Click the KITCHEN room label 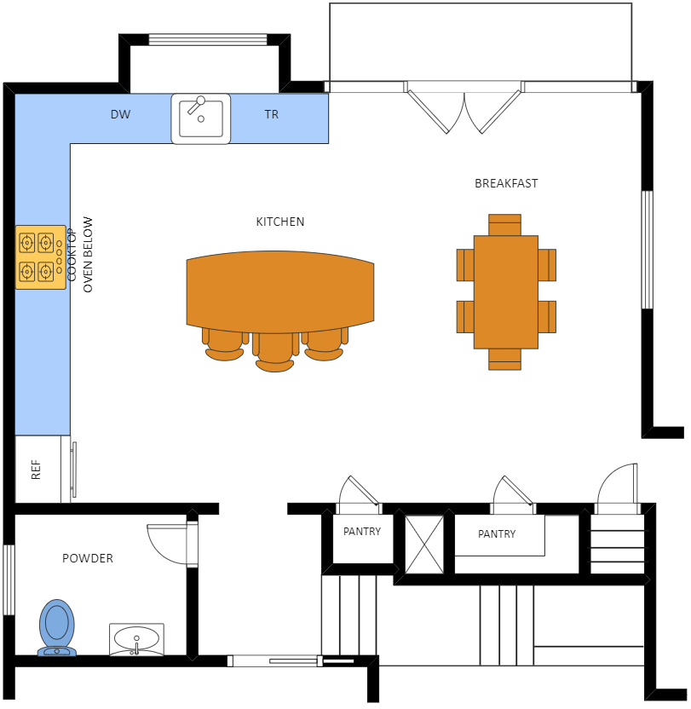click(x=280, y=222)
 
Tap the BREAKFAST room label click(x=506, y=183)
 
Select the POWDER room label click(x=88, y=558)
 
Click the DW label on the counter click(x=121, y=114)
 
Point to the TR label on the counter click(x=271, y=114)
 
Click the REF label click(x=37, y=470)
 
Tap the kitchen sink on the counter click(x=201, y=118)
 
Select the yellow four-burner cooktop click(x=39, y=257)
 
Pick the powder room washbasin click(x=136, y=638)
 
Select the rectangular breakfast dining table click(x=506, y=291)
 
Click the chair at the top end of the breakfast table click(x=504, y=225)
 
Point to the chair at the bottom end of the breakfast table click(x=504, y=359)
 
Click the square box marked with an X click(x=423, y=545)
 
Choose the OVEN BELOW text click(x=87, y=256)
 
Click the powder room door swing click(x=170, y=543)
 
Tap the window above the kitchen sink click(x=207, y=39)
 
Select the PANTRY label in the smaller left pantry click(x=362, y=531)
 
